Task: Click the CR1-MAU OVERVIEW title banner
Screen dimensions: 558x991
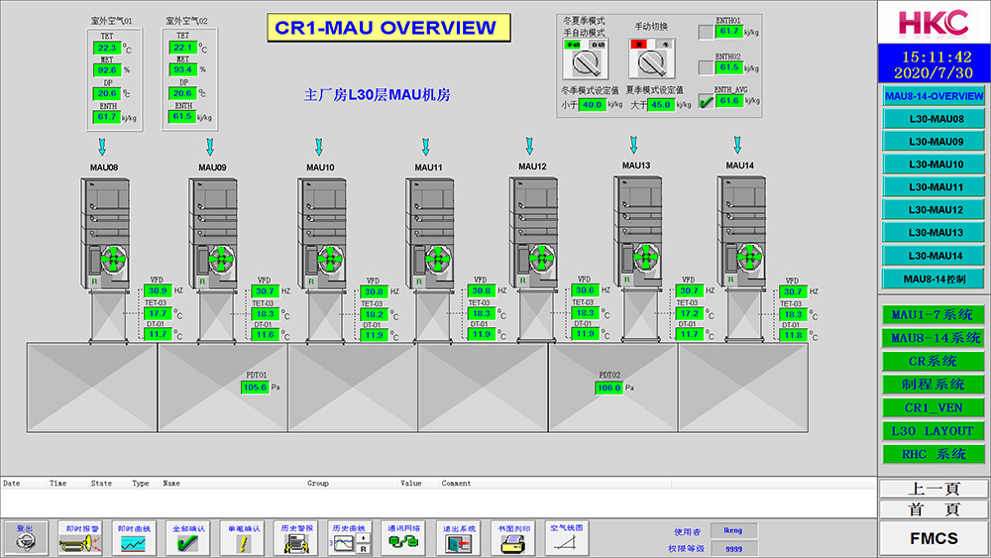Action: (388, 28)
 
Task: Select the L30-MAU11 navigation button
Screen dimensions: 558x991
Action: (936, 187)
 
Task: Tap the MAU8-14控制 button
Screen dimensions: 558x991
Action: (936, 279)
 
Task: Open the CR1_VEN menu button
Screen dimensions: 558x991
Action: (934, 407)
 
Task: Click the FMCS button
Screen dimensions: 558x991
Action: (934, 538)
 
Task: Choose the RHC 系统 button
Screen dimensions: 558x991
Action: (934, 454)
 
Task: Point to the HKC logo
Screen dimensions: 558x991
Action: (934, 22)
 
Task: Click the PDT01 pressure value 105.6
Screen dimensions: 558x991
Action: (255, 387)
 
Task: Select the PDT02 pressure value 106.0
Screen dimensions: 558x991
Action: (608, 388)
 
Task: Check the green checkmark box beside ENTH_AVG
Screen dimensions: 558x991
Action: (706, 100)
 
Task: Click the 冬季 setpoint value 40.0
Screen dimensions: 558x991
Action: (592, 104)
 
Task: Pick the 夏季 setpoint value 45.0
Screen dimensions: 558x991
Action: (660, 104)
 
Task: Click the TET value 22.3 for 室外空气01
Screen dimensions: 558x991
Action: (107, 48)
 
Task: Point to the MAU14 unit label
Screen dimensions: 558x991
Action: (739, 166)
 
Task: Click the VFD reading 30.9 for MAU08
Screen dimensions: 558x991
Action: (159, 290)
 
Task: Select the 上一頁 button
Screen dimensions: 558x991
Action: (934, 489)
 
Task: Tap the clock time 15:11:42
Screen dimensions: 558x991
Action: (934, 56)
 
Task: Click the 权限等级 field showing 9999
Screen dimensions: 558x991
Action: (733, 548)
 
